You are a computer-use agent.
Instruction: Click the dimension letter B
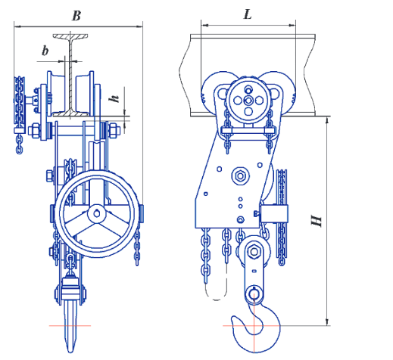76,16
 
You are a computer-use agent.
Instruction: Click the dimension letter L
248,14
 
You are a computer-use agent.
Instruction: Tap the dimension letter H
317,221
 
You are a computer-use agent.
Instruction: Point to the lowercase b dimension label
45,51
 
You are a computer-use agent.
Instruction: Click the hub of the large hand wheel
97,214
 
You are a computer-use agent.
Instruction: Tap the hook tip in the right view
234,319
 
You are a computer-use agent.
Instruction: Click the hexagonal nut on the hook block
254,251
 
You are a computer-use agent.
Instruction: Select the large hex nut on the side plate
240,175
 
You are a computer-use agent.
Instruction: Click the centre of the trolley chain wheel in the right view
248,101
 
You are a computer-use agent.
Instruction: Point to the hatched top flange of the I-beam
70,36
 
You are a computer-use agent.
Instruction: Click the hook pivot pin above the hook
254,294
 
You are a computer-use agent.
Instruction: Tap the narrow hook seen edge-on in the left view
70,326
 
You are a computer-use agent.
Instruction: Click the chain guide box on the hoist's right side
274,213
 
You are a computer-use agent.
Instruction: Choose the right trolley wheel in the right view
282,91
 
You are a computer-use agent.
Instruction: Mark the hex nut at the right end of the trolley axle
114,130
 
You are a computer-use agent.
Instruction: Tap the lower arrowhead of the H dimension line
327,322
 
